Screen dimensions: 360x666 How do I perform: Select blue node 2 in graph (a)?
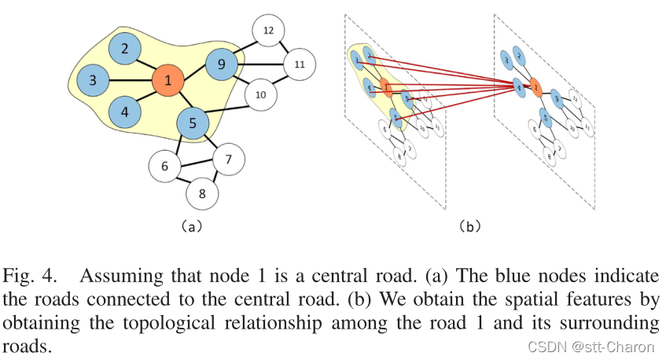[x=124, y=49]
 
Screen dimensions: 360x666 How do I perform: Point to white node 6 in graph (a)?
[x=164, y=166]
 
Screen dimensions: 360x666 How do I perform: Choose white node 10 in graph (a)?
[x=260, y=96]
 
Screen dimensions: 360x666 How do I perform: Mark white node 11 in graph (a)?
[x=299, y=64]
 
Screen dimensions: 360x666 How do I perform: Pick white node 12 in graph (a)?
[x=267, y=31]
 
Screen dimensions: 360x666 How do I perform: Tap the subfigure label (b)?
[x=470, y=226]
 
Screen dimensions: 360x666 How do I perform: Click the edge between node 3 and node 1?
[x=130, y=79]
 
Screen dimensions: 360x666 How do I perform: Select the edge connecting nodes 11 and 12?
[x=283, y=47]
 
